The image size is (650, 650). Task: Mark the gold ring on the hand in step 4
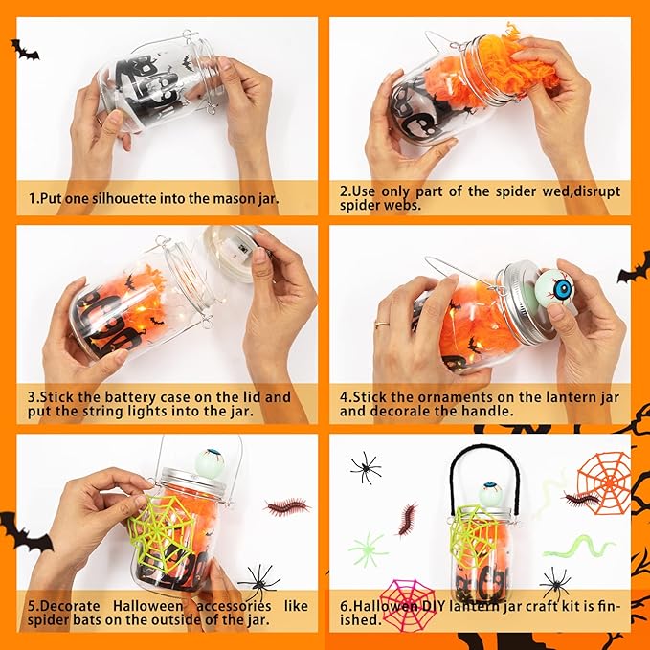381,325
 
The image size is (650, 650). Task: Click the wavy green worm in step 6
579,548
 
